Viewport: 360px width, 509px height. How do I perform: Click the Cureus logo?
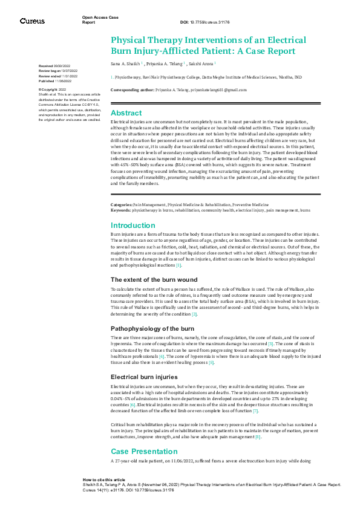click(32, 21)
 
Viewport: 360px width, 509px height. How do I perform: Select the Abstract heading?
click(126, 113)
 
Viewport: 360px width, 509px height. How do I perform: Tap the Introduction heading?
click(133, 225)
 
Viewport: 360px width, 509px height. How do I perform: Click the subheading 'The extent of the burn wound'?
click(154, 279)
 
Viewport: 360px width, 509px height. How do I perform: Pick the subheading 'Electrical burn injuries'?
click(144, 377)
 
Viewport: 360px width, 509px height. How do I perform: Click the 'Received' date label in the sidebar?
click(45, 65)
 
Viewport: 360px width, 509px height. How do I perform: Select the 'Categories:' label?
click(121, 206)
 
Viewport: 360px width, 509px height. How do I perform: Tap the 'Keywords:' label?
click(120, 210)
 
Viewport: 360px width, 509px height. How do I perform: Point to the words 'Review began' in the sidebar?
click(50, 70)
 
